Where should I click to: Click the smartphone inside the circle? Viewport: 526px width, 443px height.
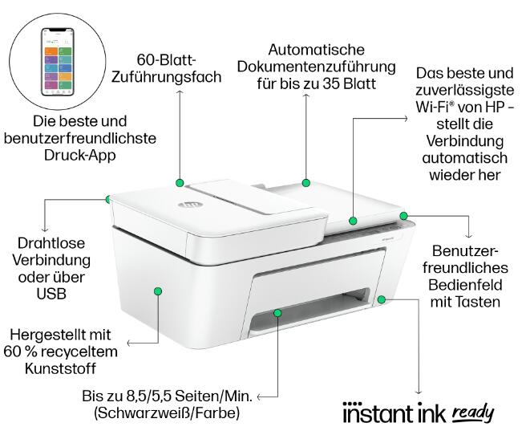pos(58,62)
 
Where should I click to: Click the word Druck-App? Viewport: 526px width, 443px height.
pos(80,156)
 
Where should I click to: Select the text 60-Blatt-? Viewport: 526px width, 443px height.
pos(166,59)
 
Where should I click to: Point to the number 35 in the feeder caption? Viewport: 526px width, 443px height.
pos(331,83)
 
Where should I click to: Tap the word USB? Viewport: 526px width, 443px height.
pos(51,295)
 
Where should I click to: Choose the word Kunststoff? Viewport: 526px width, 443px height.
pos(60,368)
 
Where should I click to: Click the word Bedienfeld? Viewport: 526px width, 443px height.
pos(465,285)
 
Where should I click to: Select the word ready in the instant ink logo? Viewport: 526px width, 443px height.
pos(473,413)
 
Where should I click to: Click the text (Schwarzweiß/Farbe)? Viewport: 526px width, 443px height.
pos(167,413)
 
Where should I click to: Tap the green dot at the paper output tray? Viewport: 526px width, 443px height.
pos(277,313)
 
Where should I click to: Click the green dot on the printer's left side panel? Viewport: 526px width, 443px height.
pos(158,291)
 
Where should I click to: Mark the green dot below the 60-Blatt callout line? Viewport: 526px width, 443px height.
pos(180,183)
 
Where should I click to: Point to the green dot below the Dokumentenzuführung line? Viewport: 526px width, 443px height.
pos(306,183)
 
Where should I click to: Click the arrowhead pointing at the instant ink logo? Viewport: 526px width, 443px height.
pos(418,392)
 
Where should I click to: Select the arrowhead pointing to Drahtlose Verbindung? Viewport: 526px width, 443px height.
pos(45,230)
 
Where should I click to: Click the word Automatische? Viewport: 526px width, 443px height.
pos(317,50)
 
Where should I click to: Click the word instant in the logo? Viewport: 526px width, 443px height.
pos(378,413)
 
